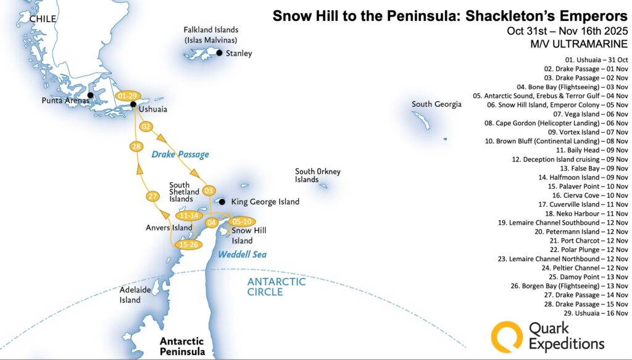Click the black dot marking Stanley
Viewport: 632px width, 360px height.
[x=219, y=53]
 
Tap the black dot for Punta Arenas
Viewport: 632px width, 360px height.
[x=91, y=95]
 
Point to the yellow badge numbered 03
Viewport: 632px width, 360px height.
[x=209, y=190]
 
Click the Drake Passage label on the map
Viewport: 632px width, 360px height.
[x=180, y=154]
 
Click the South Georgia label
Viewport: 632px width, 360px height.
[x=436, y=104]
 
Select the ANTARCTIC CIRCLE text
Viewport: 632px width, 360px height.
[x=276, y=287]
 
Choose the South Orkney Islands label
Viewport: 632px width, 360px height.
[x=317, y=175]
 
